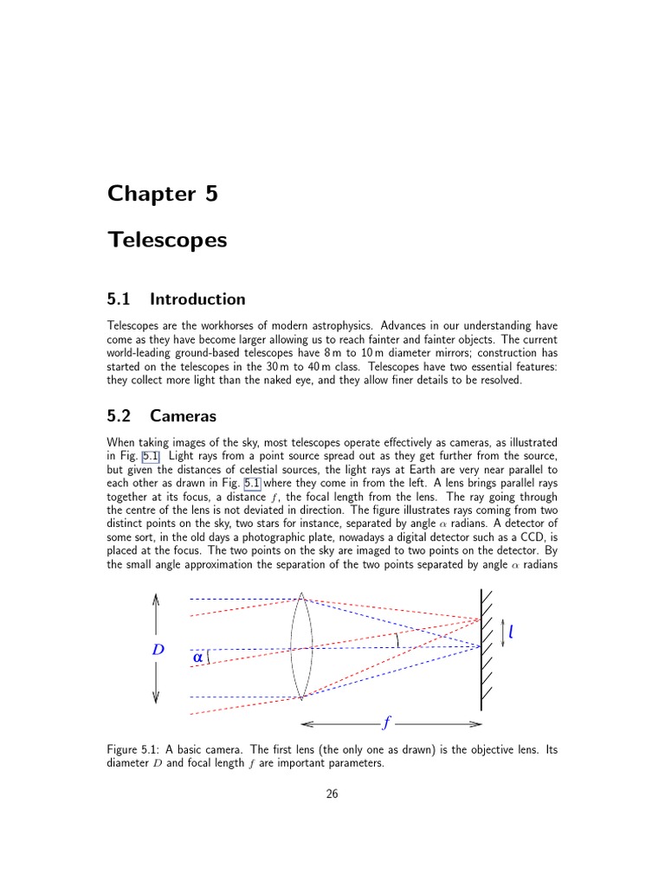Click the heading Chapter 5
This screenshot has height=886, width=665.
point(162,194)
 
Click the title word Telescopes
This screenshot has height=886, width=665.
point(167,240)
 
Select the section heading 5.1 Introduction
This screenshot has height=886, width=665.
point(176,299)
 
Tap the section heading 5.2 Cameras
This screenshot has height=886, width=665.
point(161,416)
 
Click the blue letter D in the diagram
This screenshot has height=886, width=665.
point(158,649)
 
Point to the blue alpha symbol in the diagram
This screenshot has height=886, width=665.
point(198,657)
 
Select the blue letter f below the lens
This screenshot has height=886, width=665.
point(385,723)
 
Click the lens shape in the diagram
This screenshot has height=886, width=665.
point(300,646)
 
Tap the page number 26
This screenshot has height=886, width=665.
point(332,794)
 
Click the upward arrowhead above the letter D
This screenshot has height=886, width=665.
point(156,598)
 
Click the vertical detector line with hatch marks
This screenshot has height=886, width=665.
point(481,649)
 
